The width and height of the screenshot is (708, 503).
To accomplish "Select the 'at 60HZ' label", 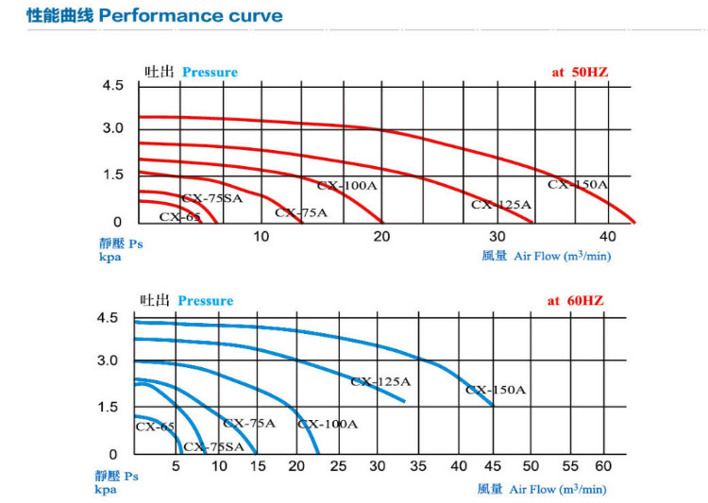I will (x=575, y=301).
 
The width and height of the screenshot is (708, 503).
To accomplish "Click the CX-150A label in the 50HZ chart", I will (x=578, y=185).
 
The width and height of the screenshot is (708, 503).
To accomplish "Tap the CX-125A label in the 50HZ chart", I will (x=501, y=205).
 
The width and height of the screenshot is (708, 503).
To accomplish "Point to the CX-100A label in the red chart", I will (x=346, y=186).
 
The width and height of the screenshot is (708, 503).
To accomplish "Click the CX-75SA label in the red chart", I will (x=212, y=198).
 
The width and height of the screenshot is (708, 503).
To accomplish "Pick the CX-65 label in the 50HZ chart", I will (x=179, y=216).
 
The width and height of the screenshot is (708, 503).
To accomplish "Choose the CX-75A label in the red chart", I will (x=301, y=213).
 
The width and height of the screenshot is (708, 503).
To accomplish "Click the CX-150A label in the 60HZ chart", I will (x=496, y=389).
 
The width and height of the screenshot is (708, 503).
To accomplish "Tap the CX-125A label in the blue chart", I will (x=380, y=382).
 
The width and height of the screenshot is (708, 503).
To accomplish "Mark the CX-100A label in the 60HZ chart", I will (x=328, y=424).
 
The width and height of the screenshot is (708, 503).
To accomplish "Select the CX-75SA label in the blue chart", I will (x=212, y=446).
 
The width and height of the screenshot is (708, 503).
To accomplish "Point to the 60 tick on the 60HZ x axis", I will (x=603, y=466).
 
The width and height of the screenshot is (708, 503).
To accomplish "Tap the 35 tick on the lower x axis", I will (x=418, y=466).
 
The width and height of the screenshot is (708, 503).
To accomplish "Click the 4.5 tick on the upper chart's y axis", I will (x=112, y=86).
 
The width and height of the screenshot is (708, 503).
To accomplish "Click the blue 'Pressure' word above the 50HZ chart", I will (x=210, y=73).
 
